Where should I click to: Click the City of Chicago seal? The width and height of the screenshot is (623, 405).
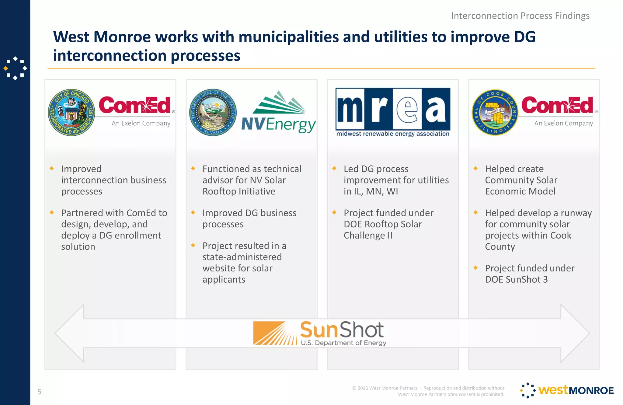(x=72, y=113)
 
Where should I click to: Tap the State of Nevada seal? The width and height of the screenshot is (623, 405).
(x=213, y=113)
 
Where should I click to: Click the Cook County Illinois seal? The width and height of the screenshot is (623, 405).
(x=495, y=113)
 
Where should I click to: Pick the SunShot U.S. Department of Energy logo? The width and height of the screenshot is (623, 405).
(x=319, y=333)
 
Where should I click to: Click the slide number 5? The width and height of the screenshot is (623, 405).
(x=39, y=392)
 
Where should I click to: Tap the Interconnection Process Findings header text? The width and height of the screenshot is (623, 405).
(x=520, y=16)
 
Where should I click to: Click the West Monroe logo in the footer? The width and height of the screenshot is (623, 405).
(x=567, y=390)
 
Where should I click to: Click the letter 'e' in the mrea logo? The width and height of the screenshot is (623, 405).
(x=407, y=109)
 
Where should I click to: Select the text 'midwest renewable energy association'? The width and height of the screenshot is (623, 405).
(x=393, y=134)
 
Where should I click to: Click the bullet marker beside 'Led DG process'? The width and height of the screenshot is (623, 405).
(x=334, y=168)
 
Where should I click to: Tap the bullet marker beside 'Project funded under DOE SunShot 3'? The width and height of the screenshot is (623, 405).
(x=475, y=268)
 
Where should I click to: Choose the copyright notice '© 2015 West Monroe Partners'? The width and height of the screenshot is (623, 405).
(x=385, y=388)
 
